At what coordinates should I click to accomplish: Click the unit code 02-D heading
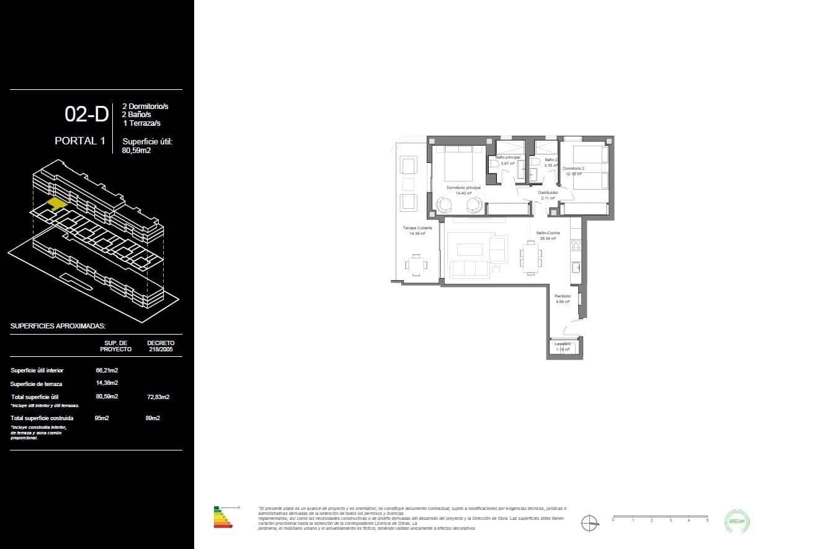point(86,115)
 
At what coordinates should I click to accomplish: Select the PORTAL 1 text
point(79,141)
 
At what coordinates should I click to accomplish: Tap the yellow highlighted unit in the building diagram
point(58,203)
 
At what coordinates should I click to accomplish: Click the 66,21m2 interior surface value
point(107,371)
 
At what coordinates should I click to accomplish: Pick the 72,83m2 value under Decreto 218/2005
point(158,397)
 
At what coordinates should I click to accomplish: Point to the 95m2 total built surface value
point(102,418)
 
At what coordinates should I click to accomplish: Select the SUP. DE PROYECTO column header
point(115,346)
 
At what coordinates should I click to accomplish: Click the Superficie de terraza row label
point(36,384)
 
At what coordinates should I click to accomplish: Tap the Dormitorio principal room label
point(463,187)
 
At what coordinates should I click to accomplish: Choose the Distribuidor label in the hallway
point(548,193)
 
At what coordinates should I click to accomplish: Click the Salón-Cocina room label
point(548,233)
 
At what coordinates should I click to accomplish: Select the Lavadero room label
point(563,344)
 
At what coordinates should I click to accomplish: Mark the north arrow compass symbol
point(590,523)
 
